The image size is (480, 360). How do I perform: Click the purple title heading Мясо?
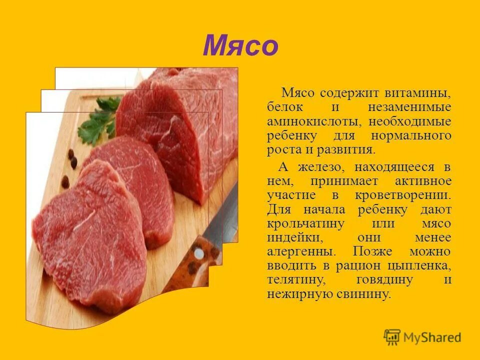coord(240,46)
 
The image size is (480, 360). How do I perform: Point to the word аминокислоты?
coord(316,121)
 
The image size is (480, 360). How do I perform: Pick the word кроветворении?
coord(409,194)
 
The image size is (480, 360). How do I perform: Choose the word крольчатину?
coord(305,223)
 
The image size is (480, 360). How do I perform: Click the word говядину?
coord(383,279)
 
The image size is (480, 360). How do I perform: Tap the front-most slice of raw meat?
coord(90,235)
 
